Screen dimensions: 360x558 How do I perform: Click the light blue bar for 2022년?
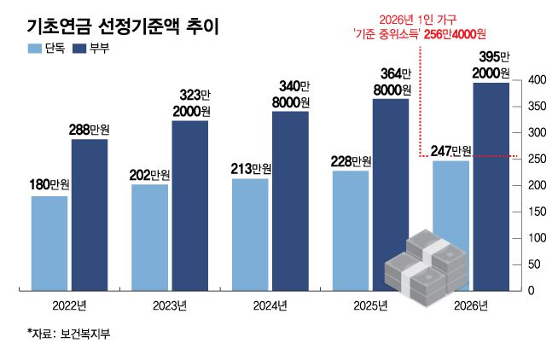[49, 243]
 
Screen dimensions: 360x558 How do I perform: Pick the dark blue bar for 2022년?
[89, 215]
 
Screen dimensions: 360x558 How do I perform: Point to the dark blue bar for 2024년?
[290, 201]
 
